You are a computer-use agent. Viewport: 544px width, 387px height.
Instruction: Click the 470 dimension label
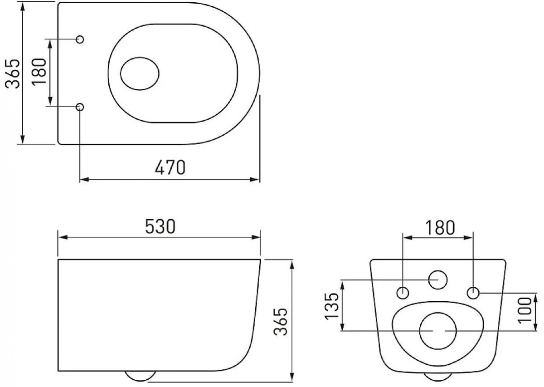coord(170,167)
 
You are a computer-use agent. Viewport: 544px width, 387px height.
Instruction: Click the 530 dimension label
coord(160,226)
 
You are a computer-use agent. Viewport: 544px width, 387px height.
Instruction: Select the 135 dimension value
coord(331,306)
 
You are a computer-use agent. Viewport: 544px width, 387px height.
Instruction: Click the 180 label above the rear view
coord(440,228)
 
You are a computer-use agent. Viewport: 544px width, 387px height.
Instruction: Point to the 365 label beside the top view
coord(12,73)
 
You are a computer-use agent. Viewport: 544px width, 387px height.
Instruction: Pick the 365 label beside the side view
coord(281,322)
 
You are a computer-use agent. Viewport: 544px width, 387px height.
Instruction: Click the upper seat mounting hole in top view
coord(80,39)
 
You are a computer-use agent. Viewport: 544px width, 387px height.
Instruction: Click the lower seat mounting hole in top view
coord(80,107)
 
